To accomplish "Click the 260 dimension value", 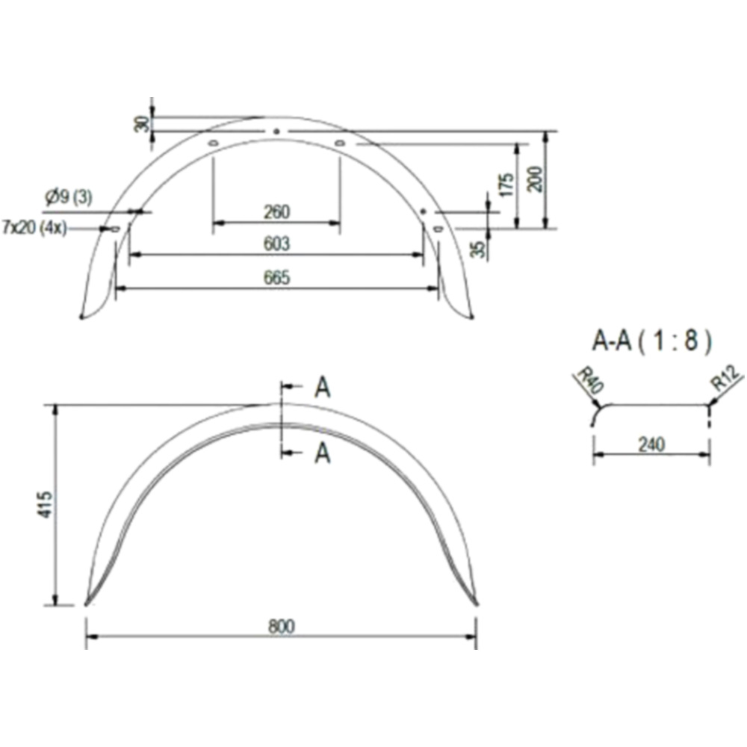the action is click(x=276, y=212).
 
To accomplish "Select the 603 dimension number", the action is click(x=276, y=244).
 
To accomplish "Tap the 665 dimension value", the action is click(x=276, y=277).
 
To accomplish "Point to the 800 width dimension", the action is click(x=282, y=626).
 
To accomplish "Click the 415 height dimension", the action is click(x=46, y=504).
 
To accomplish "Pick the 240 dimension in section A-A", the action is click(x=651, y=445).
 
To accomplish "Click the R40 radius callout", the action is click(x=590, y=380).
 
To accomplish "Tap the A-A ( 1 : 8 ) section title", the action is click(x=651, y=341).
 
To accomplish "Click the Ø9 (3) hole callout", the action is click(x=69, y=196).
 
